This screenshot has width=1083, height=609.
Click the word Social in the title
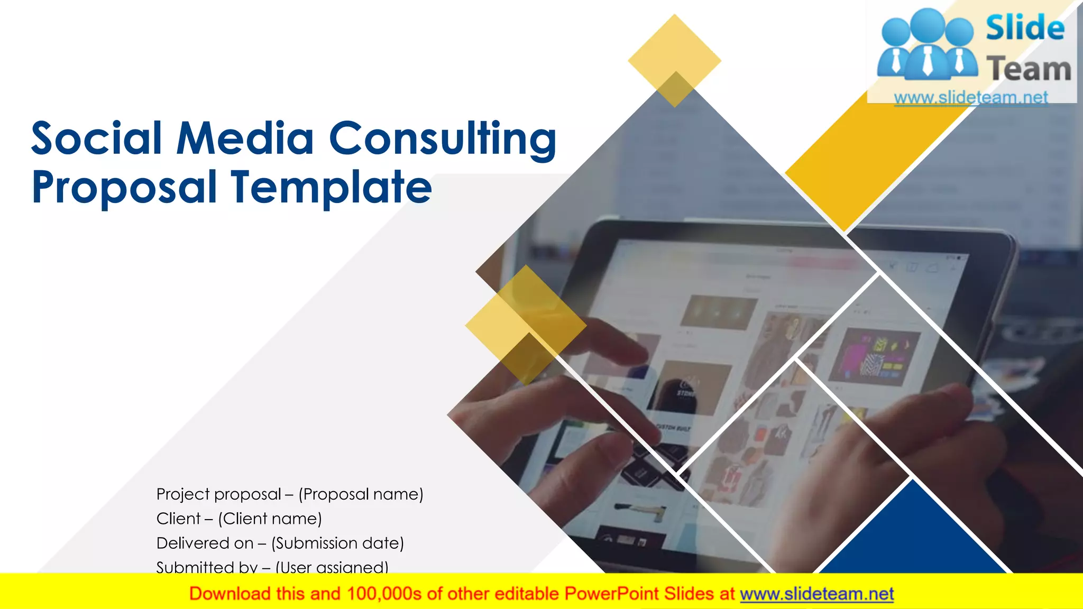tap(96, 139)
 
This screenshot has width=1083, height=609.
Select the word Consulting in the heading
tap(443, 139)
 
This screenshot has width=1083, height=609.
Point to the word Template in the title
tap(332, 187)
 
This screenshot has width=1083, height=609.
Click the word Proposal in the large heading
tap(124, 187)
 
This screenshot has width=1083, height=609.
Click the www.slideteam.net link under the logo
tap(971, 97)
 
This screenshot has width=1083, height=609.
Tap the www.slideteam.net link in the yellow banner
tap(816, 594)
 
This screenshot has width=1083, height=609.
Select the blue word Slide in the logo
tap(1025, 28)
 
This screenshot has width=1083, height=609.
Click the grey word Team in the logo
tap(1029, 69)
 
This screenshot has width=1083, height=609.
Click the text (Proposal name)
tap(361, 494)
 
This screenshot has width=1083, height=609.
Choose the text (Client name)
tap(270, 519)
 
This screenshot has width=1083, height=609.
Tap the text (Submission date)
tap(338, 543)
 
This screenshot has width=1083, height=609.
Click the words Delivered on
tap(205, 543)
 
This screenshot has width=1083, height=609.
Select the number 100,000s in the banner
tap(384, 594)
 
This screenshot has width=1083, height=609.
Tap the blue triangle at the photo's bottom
tap(912, 534)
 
